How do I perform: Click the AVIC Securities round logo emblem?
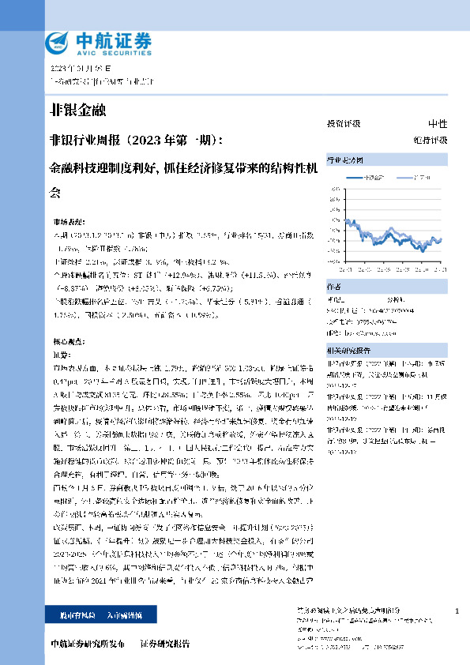pyautogui.click(x=58, y=41)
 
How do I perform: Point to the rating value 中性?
pyautogui.click(x=438, y=124)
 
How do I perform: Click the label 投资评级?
pyautogui.click(x=343, y=124)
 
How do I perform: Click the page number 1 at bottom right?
pyautogui.click(x=457, y=611)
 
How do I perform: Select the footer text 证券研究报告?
pyautogui.click(x=164, y=644)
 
